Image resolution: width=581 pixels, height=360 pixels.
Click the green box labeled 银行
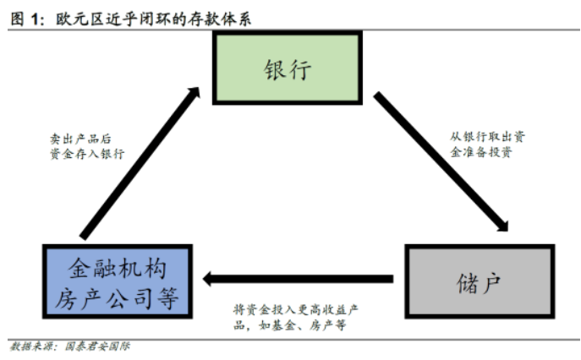pyautogui.click(x=287, y=68)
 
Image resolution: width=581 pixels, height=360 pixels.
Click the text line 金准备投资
pyautogui.click(x=478, y=154)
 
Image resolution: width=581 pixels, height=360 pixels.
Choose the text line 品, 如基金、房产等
pyautogui.click(x=288, y=325)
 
